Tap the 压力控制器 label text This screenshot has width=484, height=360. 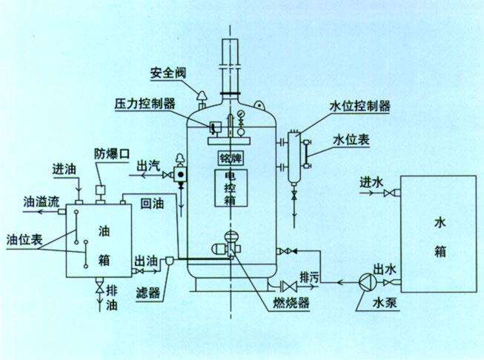(145, 103)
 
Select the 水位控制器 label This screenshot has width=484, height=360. (359, 106)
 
